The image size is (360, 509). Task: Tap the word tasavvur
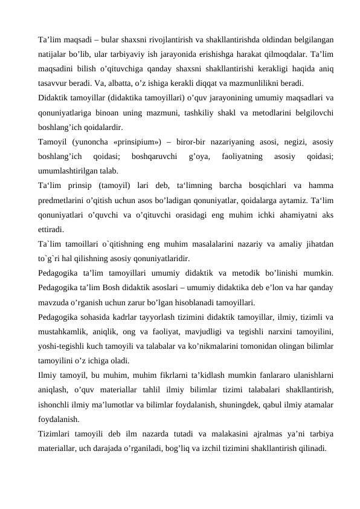click(53, 83)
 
